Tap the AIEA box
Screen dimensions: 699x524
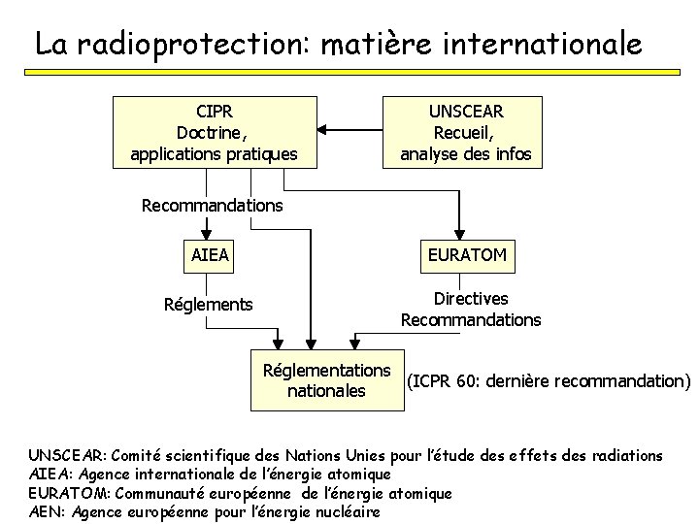[211, 256]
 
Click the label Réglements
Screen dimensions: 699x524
[208, 305]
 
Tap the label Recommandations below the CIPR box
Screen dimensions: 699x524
[212, 206]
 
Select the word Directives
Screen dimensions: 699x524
[471, 300]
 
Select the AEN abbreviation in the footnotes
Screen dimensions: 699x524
[46, 511]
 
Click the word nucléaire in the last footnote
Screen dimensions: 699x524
[347, 511]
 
